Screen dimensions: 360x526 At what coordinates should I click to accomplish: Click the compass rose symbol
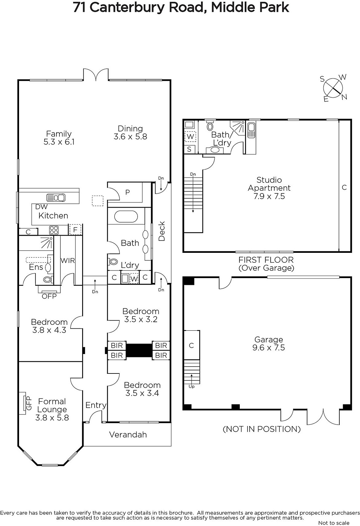(x=333, y=88)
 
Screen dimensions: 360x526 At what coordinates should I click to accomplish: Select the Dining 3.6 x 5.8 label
(x=130, y=132)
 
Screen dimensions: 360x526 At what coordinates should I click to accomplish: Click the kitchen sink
(x=56, y=198)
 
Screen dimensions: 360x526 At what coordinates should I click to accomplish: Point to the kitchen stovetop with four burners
(x=54, y=230)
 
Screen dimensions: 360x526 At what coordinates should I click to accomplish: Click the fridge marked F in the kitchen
(x=75, y=230)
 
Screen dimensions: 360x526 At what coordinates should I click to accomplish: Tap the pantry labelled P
(x=127, y=192)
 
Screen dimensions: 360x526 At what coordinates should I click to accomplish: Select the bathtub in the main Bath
(x=126, y=217)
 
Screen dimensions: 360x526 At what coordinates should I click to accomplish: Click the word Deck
(x=162, y=231)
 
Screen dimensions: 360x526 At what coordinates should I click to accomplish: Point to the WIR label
(x=68, y=260)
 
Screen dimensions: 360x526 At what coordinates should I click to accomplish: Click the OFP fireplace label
(x=49, y=296)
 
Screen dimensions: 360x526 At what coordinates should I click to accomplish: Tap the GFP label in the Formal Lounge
(x=29, y=403)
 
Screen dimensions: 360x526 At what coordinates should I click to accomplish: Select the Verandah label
(x=128, y=435)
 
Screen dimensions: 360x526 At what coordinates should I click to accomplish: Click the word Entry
(x=96, y=405)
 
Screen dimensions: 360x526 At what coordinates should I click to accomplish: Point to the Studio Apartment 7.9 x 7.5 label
(x=269, y=188)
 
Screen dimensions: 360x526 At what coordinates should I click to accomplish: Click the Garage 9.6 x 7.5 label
(x=269, y=344)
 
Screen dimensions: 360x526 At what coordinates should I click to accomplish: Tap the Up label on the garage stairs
(x=191, y=386)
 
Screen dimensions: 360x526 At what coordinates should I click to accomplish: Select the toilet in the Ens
(x=48, y=279)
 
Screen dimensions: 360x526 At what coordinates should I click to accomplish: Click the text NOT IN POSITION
(x=261, y=429)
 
